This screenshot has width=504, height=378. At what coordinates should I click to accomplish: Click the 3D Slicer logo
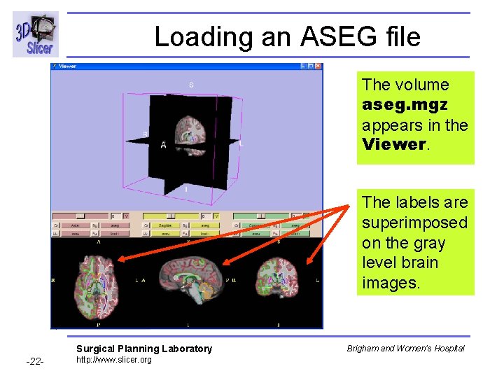click(x=35, y=35)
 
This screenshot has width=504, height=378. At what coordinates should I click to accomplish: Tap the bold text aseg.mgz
click(x=405, y=104)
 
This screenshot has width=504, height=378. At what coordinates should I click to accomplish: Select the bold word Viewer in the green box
click(x=393, y=145)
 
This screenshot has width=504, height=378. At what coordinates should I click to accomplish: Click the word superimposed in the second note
click(x=414, y=223)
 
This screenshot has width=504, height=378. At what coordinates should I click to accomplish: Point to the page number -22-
click(x=35, y=361)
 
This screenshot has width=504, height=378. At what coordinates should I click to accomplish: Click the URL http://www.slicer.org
click(x=113, y=360)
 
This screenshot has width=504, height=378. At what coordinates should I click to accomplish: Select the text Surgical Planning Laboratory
click(x=143, y=349)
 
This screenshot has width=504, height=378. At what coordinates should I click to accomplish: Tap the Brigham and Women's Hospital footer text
click(x=405, y=348)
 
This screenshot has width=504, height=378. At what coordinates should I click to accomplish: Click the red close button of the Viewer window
click(x=318, y=66)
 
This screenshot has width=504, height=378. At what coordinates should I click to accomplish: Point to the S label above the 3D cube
click(x=190, y=85)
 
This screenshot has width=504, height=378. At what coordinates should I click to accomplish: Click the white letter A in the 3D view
click(x=163, y=145)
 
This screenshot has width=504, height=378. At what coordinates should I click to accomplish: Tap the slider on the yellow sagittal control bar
click(x=171, y=216)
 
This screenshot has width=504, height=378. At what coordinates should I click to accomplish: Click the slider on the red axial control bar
click(x=80, y=216)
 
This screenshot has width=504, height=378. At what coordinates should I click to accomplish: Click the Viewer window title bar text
click(x=68, y=66)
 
